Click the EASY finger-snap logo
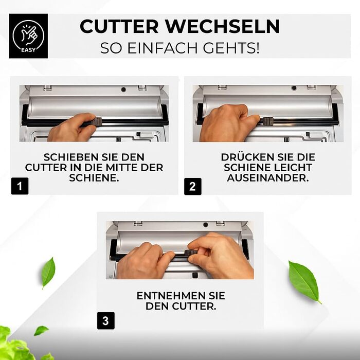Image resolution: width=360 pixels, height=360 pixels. pyautogui.click(x=28, y=36)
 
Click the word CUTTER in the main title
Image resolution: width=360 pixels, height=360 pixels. pyautogui.click(x=119, y=26)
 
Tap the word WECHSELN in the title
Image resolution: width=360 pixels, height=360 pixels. pyautogui.click(x=223, y=26)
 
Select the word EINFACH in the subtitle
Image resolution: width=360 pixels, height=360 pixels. pyautogui.click(x=163, y=48)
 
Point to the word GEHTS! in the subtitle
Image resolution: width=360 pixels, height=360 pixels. pyautogui.click(x=231, y=48)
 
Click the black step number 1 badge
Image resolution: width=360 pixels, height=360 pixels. pyautogui.click(x=20, y=186)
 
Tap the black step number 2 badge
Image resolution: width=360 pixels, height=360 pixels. pyautogui.click(x=193, y=186)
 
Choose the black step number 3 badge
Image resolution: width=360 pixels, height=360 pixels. pyautogui.click(x=106, y=321)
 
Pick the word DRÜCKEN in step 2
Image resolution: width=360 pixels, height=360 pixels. pyautogui.click(x=247, y=157)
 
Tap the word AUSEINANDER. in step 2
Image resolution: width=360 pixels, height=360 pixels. pyautogui.click(x=268, y=178)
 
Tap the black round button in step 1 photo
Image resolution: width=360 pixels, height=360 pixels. pyautogui.click(x=123, y=89)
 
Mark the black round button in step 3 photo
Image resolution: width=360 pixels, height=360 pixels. pyautogui.click(x=206, y=225)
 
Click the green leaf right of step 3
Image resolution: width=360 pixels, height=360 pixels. pyautogui.click(x=304, y=281)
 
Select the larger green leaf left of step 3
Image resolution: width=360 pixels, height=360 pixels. pyautogui.click(x=48, y=273)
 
